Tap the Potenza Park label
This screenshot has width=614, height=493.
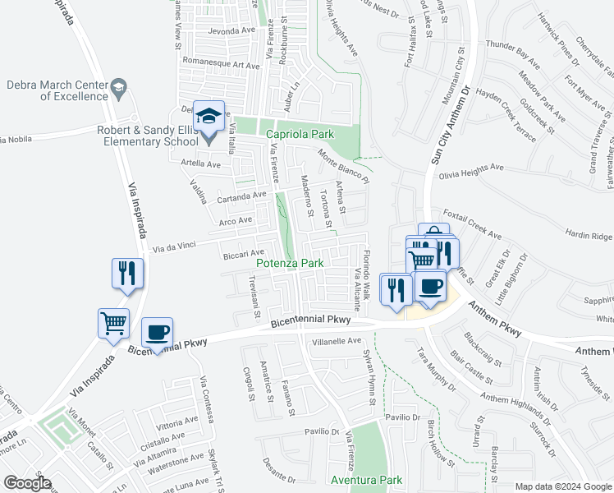coord(289,264)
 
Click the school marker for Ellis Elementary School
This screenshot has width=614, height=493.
coord(208,117)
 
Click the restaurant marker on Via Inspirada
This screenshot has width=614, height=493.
coord(128,274)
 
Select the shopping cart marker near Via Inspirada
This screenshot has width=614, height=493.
coord(113,323)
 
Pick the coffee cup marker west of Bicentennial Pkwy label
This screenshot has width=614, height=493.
coord(157,333)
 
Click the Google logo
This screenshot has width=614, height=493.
coord(26,483)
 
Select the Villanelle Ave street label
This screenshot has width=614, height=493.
coord(337,340)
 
